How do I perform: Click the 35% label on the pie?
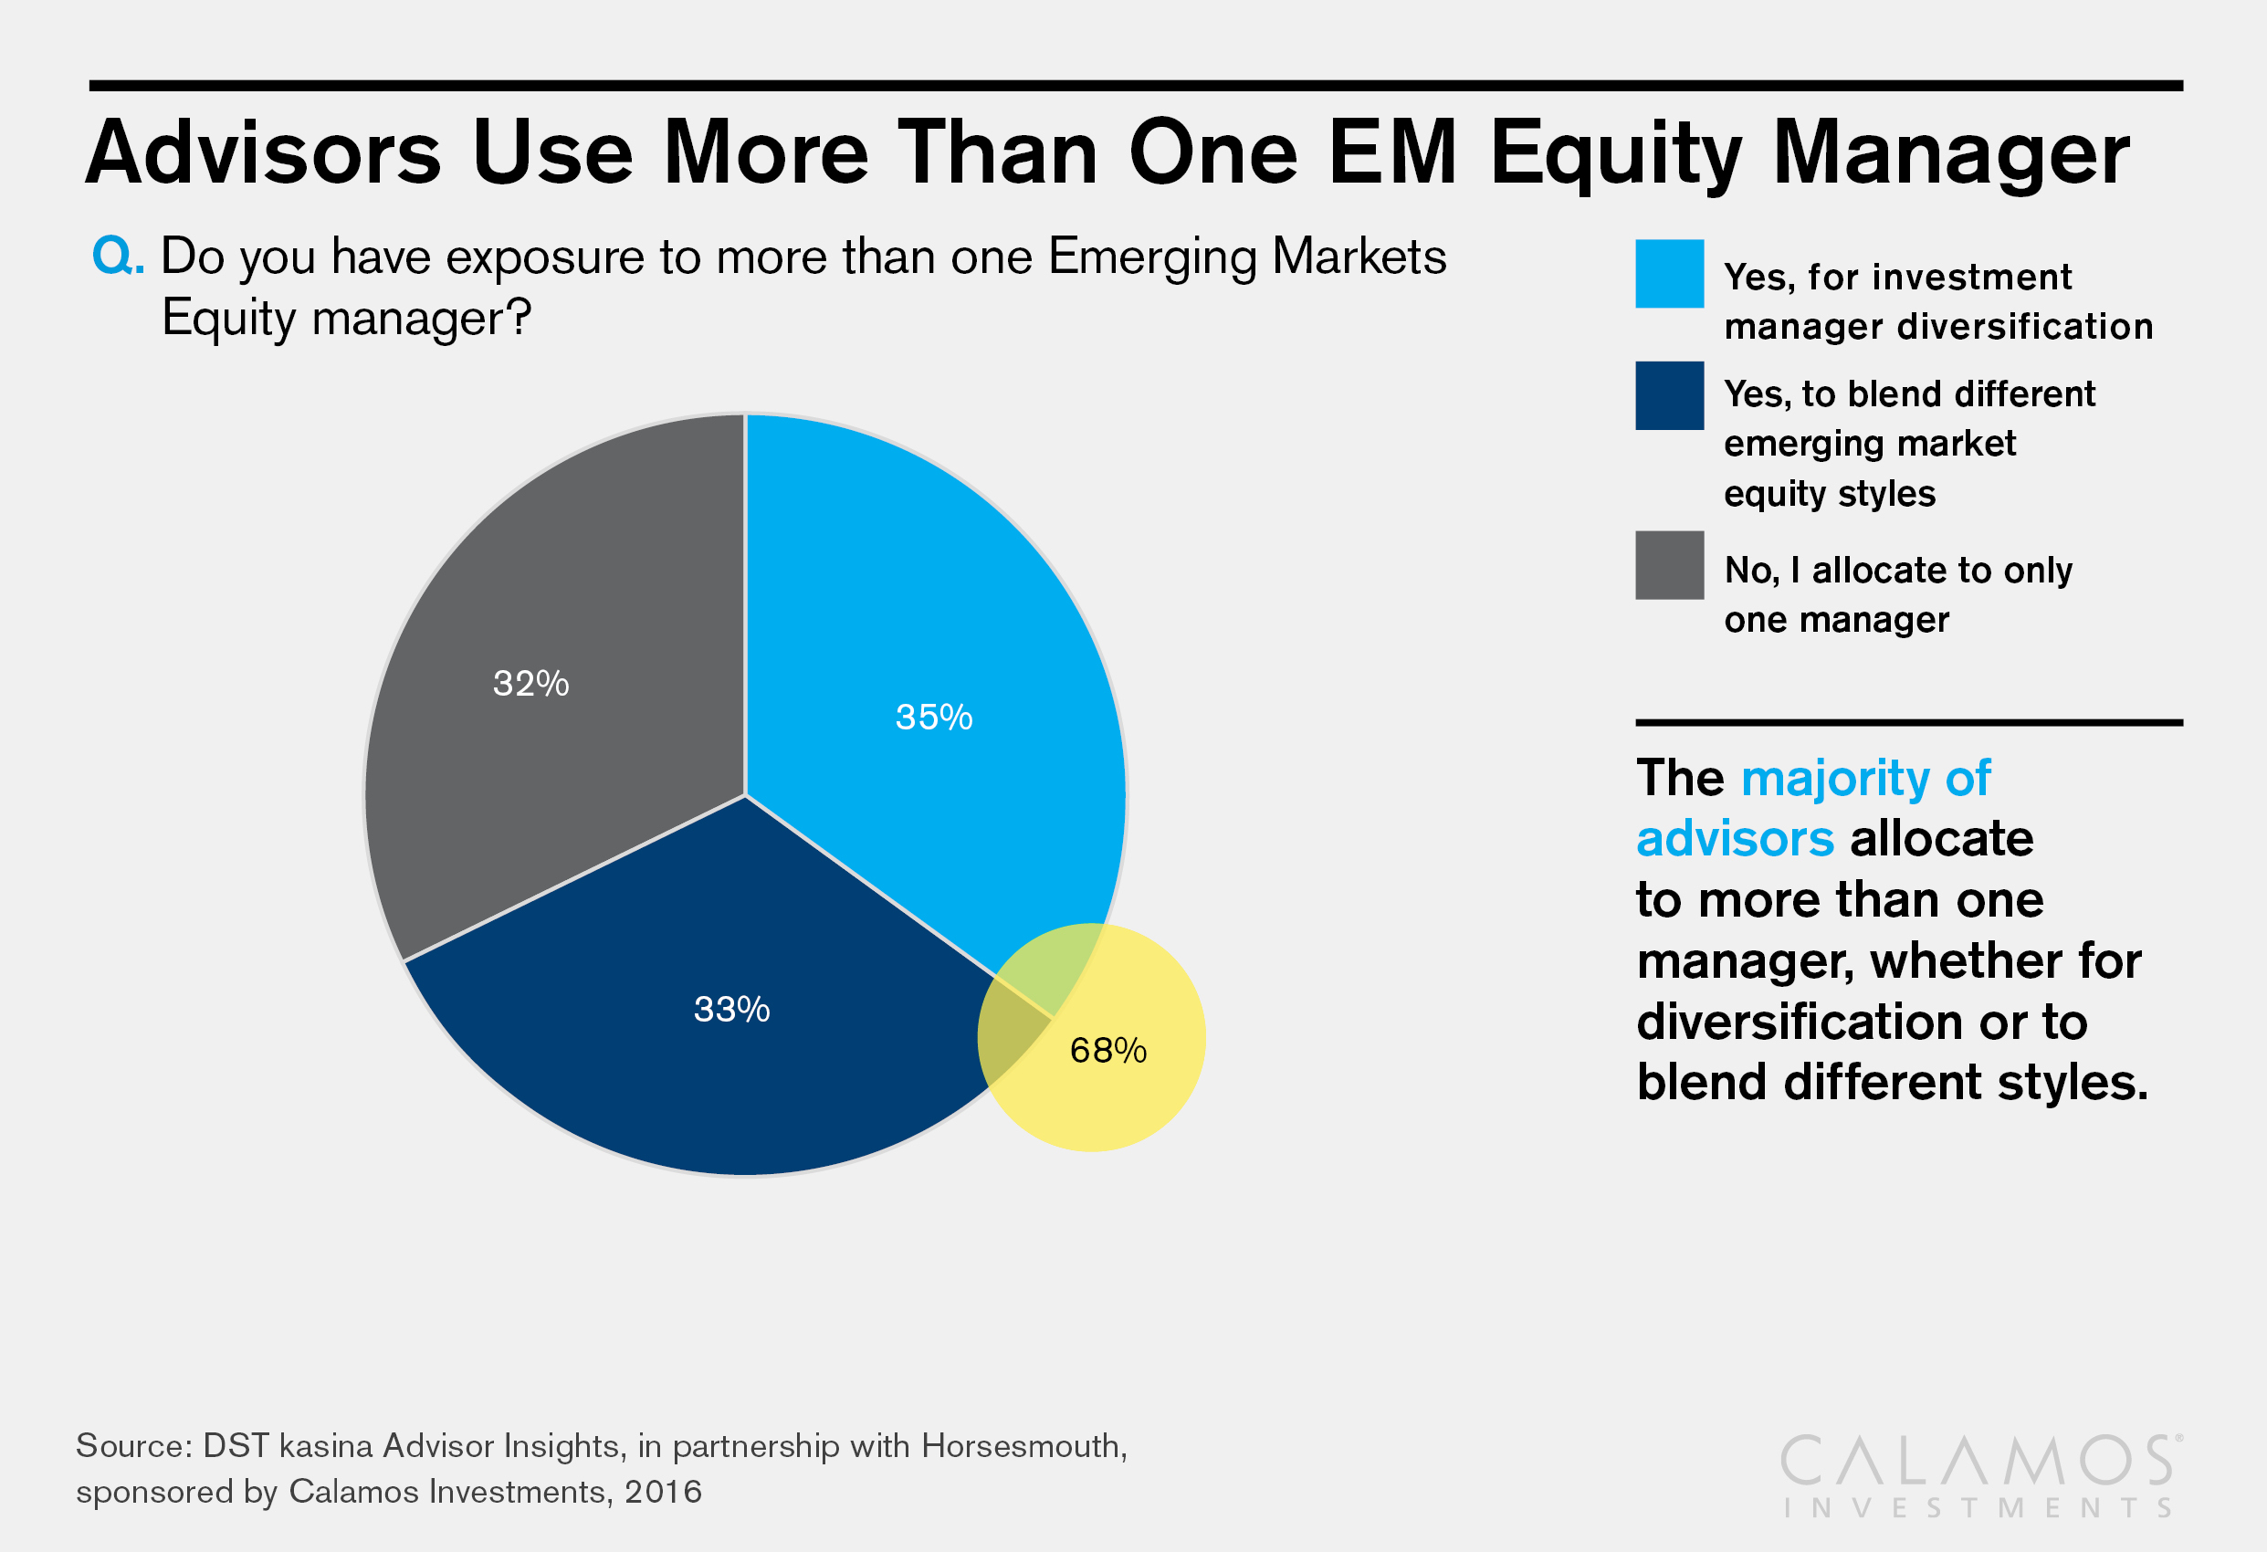(933, 717)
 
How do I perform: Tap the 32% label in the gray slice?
(530, 683)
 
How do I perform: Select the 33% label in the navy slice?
(731, 1009)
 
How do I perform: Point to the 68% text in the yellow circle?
(1108, 1051)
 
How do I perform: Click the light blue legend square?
(1669, 274)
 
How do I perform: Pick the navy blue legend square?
(1669, 396)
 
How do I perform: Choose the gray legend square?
(1669, 565)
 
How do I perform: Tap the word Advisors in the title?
(263, 153)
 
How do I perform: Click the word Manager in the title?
(1951, 153)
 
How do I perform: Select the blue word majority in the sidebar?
(1834, 779)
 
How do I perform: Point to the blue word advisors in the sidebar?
(1735, 839)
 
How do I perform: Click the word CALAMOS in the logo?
(1977, 1462)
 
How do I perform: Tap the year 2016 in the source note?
(664, 1492)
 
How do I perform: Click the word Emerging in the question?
(1152, 258)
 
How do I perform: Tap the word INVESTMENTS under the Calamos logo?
(1977, 1508)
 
